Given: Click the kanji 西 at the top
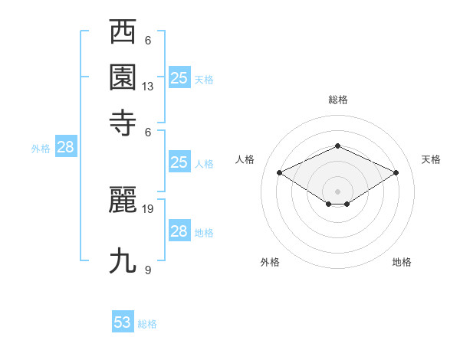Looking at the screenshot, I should click(123, 34).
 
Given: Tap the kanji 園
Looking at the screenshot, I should click(123, 77).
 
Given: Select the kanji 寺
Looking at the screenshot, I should click(123, 122).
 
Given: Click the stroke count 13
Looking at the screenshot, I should click(148, 87).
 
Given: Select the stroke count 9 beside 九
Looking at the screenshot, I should click(148, 270).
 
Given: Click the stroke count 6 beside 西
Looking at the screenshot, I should click(148, 41).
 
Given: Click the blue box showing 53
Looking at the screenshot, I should click(123, 322).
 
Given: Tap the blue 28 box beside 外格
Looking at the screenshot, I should click(65, 148).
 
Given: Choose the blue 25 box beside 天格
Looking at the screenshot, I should click(179, 77).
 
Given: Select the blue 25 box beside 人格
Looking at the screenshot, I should click(179, 162).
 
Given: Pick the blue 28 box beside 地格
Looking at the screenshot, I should click(179, 231).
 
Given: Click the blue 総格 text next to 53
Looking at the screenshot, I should click(147, 324).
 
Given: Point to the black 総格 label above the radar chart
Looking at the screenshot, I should click(337, 100).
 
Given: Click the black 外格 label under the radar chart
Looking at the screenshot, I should click(270, 262).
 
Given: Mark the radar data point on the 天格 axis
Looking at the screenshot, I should click(396, 172).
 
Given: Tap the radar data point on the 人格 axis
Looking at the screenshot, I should click(280, 172).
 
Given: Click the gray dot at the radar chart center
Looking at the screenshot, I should click(337, 190).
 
